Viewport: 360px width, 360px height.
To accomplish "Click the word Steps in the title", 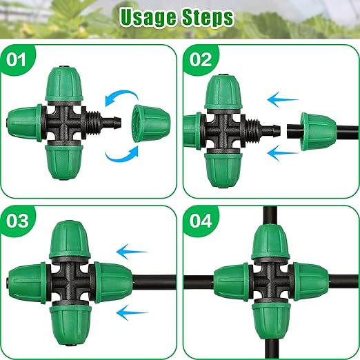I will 206,17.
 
